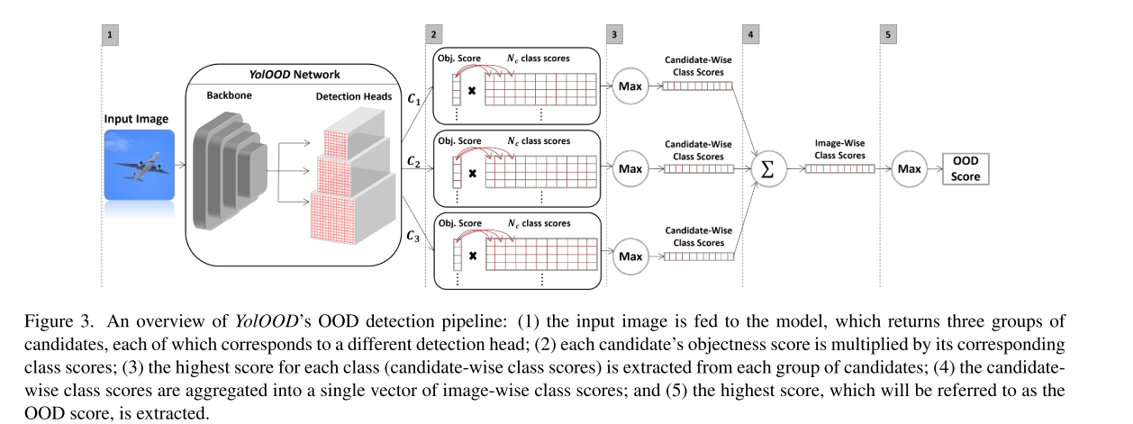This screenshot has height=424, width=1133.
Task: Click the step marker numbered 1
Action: pyautogui.click(x=111, y=35)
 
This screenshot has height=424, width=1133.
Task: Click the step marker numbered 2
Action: pyautogui.click(x=434, y=35)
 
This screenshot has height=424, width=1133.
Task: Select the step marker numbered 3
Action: pyautogui.click(x=615, y=35)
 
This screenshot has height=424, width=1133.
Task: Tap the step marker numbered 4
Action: pyautogui.click(x=749, y=35)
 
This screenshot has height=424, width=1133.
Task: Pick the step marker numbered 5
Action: pyautogui.click(x=887, y=35)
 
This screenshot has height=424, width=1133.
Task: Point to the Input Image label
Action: pyautogui.click(x=137, y=120)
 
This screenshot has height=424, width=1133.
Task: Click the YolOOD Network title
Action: pyautogui.click(x=295, y=74)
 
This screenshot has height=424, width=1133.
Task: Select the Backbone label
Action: pyautogui.click(x=229, y=95)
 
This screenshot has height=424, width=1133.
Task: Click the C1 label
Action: pyautogui.click(x=413, y=100)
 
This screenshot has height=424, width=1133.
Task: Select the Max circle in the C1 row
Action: pyautogui.click(x=630, y=86)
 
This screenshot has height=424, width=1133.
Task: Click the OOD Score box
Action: pyautogui.click(x=965, y=167)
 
